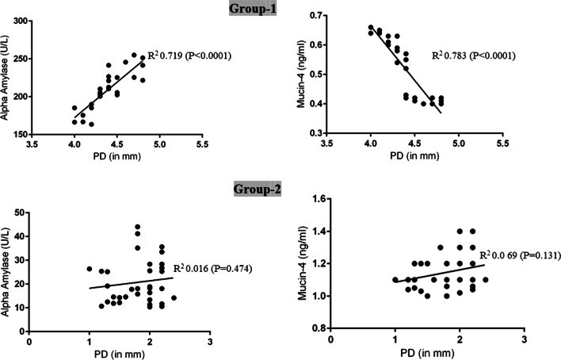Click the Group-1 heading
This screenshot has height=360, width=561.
(x=252, y=8)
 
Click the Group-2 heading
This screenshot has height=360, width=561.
(x=258, y=189)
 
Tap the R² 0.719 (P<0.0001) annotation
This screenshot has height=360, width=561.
(x=189, y=56)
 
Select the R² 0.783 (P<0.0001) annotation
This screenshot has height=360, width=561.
(x=474, y=56)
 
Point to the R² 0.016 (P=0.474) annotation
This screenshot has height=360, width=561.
(x=213, y=268)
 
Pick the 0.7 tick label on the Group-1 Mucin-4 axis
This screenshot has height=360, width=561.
(x=316, y=15)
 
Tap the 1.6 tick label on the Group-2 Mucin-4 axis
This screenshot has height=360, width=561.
(x=319, y=199)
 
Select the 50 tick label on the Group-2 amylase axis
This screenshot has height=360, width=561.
(x=20, y=213)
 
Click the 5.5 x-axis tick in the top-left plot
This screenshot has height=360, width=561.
(x=202, y=144)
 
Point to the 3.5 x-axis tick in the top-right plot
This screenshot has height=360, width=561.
(x=326, y=144)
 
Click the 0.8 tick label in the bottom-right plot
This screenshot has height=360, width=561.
(x=319, y=328)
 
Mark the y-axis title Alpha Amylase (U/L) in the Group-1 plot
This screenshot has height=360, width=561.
(x=5, y=78)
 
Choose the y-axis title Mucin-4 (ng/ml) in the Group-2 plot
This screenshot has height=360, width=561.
(x=303, y=263)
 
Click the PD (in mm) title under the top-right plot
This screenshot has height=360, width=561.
(x=414, y=156)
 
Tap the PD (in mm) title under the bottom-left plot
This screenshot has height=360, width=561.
(x=120, y=354)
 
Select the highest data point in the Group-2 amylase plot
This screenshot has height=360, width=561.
(x=137, y=227)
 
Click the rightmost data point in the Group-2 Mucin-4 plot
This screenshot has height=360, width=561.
(x=486, y=280)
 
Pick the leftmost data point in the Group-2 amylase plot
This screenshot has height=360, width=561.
(x=90, y=269)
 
